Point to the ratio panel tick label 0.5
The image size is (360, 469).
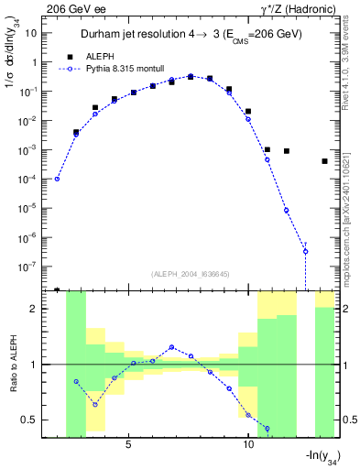pyautogui.click(x=34, y=420)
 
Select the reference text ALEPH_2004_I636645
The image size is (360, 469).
pyautogui.click(x=190, y=272)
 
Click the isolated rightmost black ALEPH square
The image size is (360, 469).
pyautogui.click(x=324, y=161)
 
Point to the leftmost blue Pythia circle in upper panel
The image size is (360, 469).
pyautogui.click(x=57, y=179)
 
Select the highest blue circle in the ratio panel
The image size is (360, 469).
pyautogui.click(x=171, y=347)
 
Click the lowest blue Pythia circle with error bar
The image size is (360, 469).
pyautogui.click(x=305, y=251)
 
